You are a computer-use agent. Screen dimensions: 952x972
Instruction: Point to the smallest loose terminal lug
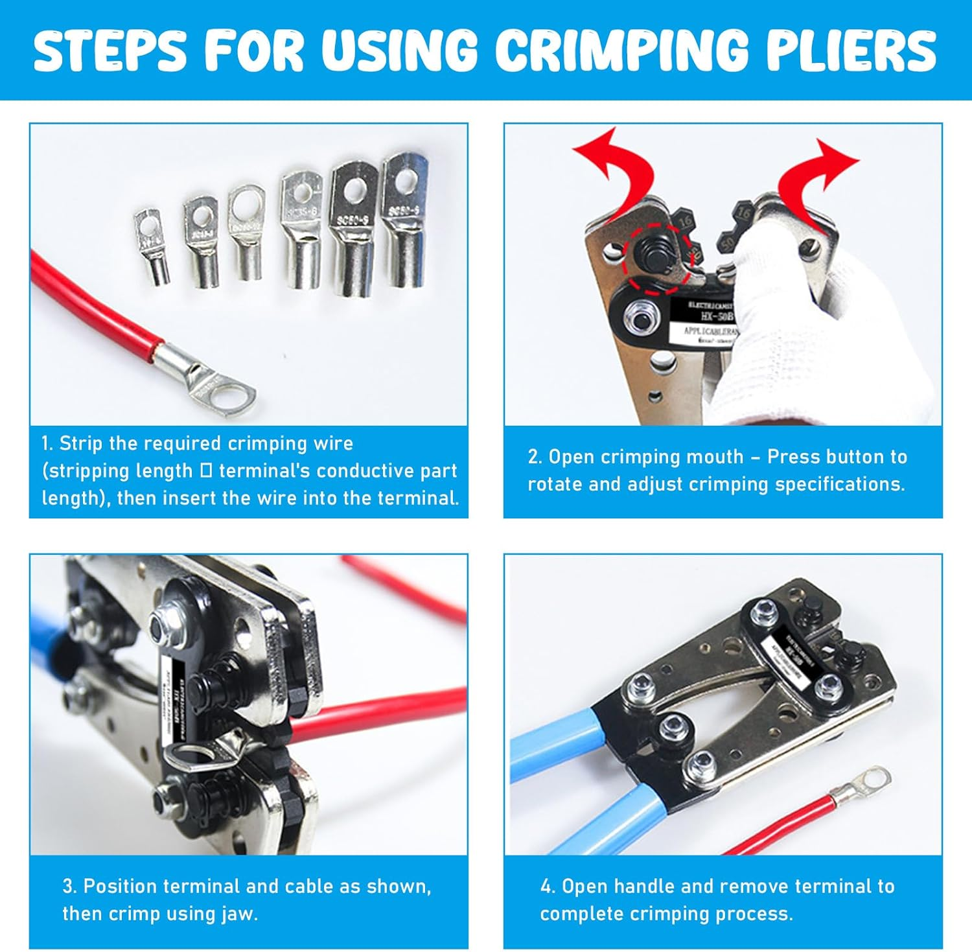[x=153, y=246]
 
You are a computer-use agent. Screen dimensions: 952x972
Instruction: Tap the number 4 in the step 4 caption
[x=546, y=887]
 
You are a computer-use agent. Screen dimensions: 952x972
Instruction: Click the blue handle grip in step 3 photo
[x=49, y=642]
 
